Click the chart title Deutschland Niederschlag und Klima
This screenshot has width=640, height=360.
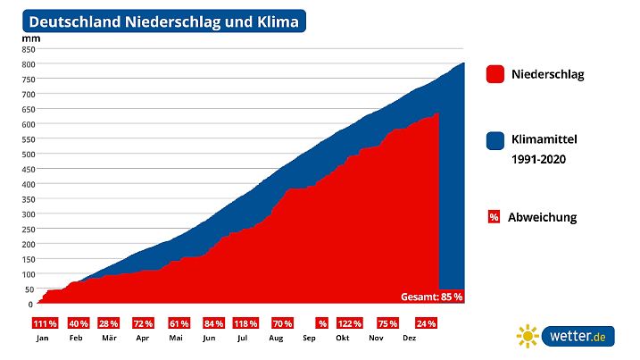pyautogui.click(x=163, y=21)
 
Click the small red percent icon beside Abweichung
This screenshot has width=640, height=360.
pyautogui.click(x=494, y=217)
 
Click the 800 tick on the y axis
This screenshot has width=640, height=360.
pyautogui.click(x=28, y=64)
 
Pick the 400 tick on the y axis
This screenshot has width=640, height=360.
pyautogui.click(x=28, y=184)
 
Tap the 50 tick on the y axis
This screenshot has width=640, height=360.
pyautogui.click(x=29, y=289)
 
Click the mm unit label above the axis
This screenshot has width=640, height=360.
pyautogui.click(x=28, y=38)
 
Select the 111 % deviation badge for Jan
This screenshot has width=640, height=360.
pyautogui.click(x=45, y=323)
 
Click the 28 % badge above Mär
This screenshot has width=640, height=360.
pyautogui.click(x=109, y=323)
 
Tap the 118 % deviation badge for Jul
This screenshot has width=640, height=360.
pyautogui.click(x=245, y=323)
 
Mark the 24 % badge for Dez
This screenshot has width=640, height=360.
pyautogui.click(x=426, y=323)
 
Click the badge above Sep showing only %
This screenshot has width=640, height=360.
pyautogui.click(x=322, y=323)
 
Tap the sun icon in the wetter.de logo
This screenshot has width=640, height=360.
pyautogui.click(x=528, y=336)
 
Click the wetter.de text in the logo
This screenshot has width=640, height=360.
pyautogui.click(x=577, y=336)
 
